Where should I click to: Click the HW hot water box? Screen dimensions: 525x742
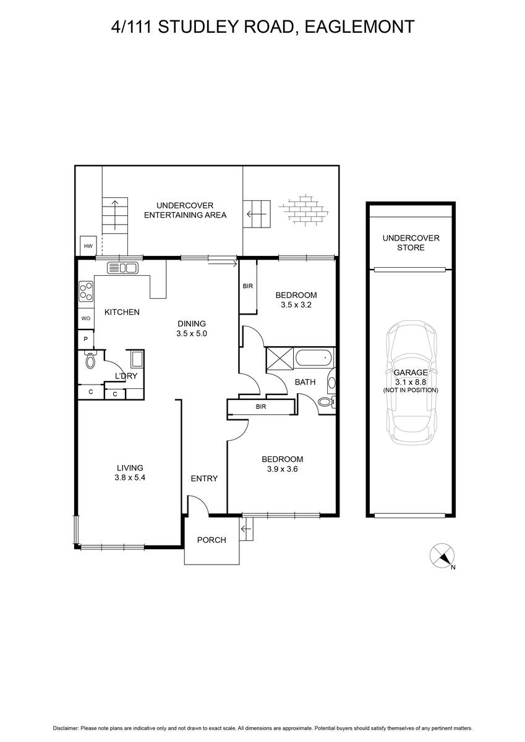[88, 246]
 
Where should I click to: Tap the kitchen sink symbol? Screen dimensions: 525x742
[122, 268]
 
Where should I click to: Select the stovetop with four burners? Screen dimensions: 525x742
[86, 291]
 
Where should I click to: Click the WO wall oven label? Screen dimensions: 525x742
[86, 318]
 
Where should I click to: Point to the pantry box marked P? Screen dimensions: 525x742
[86, 339]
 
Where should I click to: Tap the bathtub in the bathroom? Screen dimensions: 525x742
[314, 357]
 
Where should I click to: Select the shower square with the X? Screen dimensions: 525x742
[280, 358]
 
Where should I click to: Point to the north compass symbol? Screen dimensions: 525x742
[442, 555]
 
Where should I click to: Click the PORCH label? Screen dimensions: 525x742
[211, 540]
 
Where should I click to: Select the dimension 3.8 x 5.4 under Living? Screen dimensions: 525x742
[130, 477]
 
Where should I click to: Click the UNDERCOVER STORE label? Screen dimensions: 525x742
[411, 243]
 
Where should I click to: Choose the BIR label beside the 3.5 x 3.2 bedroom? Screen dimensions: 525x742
[248, 286]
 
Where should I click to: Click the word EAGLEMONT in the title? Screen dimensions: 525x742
[359, 27]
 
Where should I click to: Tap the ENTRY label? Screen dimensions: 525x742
[204, 479]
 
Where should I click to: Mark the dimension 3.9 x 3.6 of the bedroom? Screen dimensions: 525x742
[283, 469]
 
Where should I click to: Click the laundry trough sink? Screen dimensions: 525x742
[137, 359]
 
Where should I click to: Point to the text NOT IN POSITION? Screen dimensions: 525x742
[411, 390]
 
